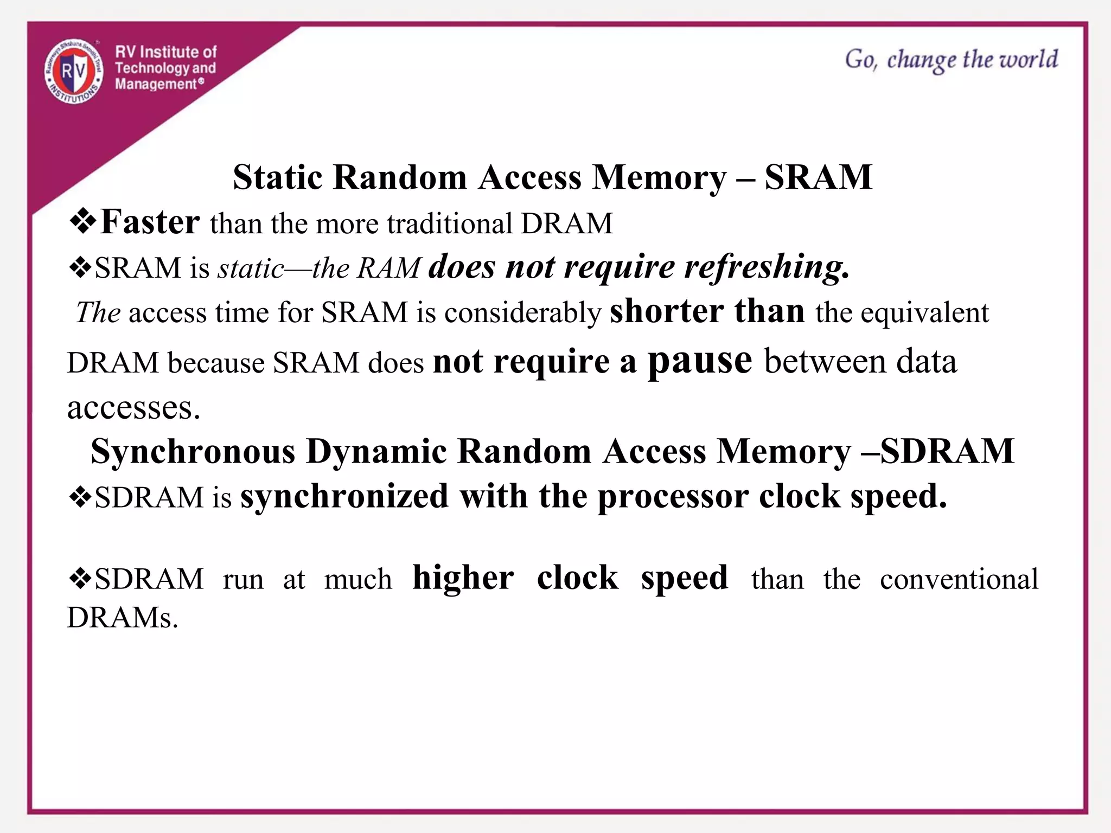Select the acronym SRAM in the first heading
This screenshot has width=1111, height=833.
tap(818, 177)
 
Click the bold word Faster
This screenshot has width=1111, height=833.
tap(150, 222)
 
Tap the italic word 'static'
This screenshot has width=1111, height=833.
tap(251, 268)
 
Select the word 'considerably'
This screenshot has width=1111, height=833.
tap(522, 313)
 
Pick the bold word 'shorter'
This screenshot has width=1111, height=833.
tap(667, 311)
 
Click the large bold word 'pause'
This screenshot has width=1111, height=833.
tap(700, 361)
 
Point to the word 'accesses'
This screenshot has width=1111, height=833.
tap(133, 408)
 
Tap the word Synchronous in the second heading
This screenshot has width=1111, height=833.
tap(193, 451)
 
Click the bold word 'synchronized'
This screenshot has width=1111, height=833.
tap(344, 496)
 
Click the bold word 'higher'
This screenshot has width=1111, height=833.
tap(463, 578)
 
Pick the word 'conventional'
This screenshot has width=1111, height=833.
tap(959, 579)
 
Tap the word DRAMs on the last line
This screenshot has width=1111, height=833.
tap(123, 617)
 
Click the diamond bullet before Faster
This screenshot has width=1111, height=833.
tap(82, 222)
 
